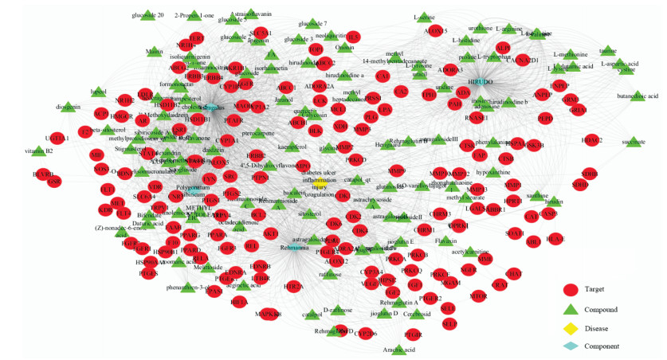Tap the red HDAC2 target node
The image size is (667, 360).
591,141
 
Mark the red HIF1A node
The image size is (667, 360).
217,300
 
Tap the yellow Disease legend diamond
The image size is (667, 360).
568,327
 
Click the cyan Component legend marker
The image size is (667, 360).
568,346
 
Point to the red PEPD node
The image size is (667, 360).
545,118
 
